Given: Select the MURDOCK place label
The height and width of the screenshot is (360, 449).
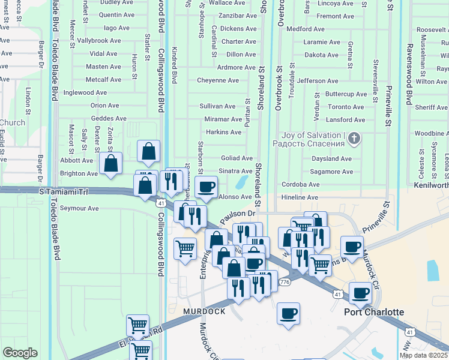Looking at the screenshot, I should (204, 312).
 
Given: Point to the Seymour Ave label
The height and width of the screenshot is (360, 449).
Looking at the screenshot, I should (76, 208).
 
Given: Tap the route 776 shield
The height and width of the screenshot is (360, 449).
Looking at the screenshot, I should (285, 282).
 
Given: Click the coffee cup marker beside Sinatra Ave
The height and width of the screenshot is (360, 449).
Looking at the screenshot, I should (206, 187).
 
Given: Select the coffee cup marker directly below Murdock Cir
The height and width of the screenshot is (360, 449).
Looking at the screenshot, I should (360, 293).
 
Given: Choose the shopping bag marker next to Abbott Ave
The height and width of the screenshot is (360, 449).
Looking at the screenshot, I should (111, 164).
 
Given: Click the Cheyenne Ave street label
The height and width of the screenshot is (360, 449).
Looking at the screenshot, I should (217, 80).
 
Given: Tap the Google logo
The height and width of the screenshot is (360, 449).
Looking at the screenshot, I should (20, 353).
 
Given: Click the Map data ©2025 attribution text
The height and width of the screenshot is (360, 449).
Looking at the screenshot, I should (424, 355).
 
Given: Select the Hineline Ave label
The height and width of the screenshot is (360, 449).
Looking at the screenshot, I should (300, 197).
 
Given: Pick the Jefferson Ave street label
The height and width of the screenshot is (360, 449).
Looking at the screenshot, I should (318, 80).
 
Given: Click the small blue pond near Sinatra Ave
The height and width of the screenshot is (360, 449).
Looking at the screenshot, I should (243, 181).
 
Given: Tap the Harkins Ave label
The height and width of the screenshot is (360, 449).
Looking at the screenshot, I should (223, 132).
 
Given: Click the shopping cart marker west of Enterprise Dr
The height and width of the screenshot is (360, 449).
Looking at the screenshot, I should (185, 248).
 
